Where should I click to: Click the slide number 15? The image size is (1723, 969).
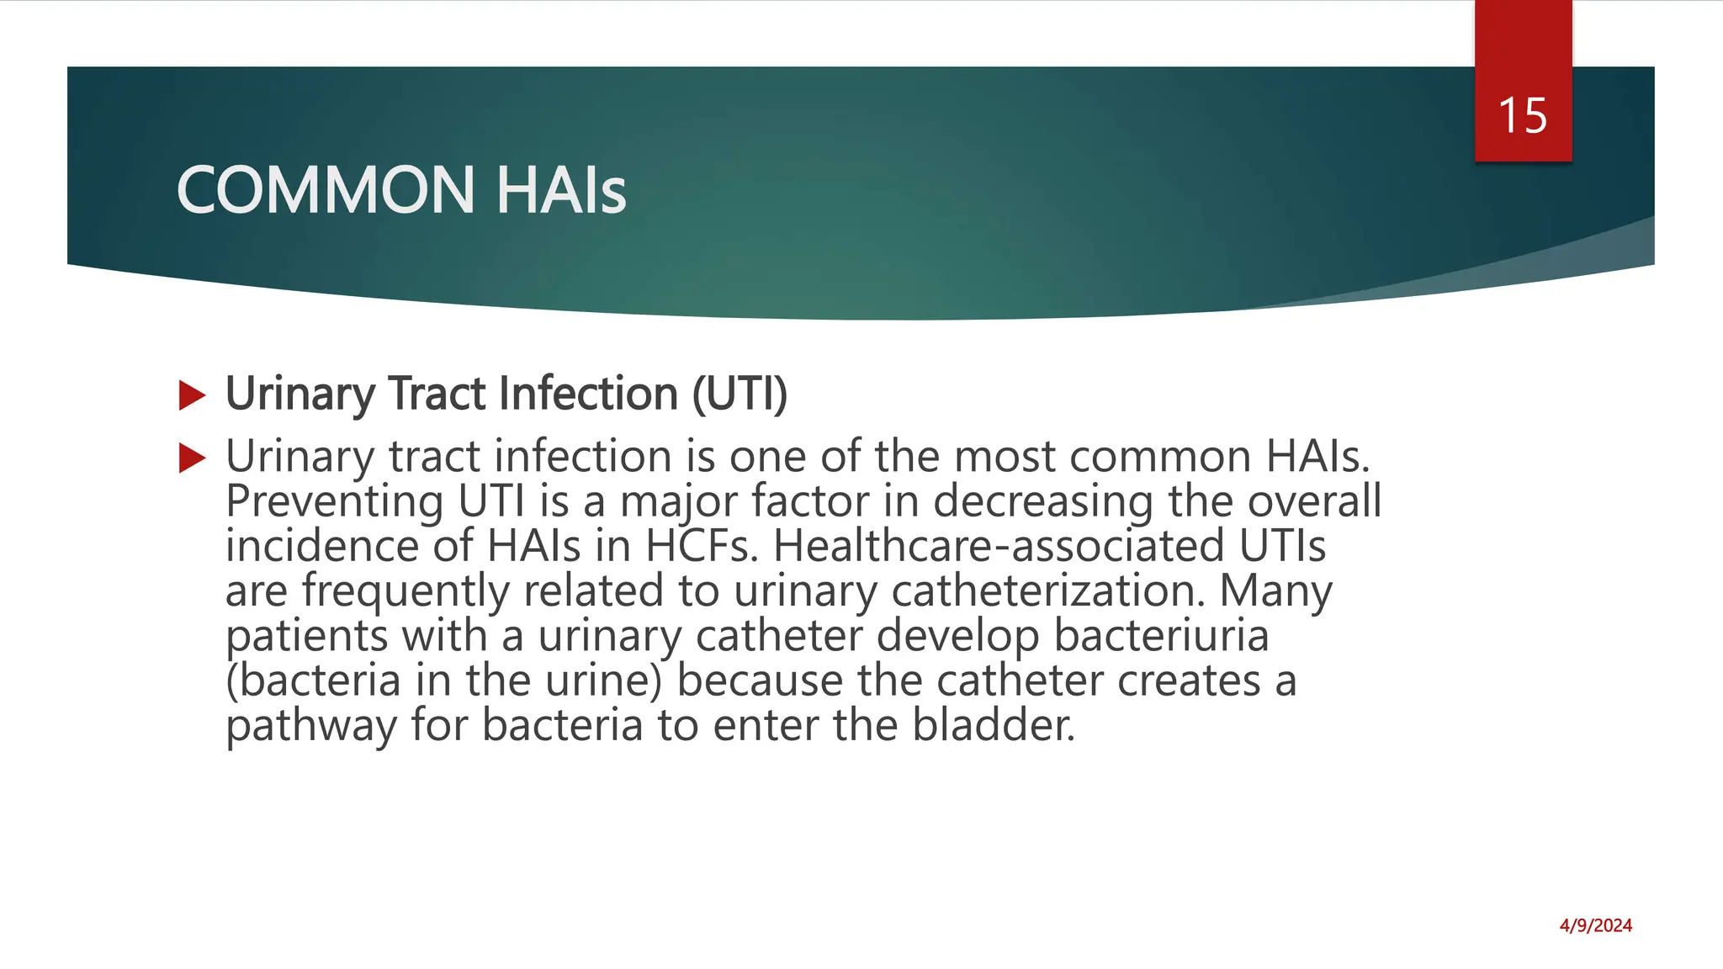click(x=1523, y=115)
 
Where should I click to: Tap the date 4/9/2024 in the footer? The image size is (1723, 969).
click(x=1595, y=926)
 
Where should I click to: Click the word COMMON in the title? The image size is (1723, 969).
click(x=326, y=190)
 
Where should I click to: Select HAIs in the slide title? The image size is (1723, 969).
click(x=560, y=190)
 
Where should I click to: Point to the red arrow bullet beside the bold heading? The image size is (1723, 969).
click(x=193, y=395)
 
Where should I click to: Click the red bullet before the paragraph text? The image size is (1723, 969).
click(x=193, y=458)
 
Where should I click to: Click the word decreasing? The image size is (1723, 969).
click(x=1043, y=503)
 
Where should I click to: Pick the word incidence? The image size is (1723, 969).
click(x=321, y=546)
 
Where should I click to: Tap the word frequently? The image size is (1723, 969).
click(x=406, y=591)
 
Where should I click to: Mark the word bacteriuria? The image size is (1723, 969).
click(x=1161, y=635)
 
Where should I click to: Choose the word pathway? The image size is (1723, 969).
click(x=311, y=726)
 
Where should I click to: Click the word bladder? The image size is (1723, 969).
click(x=994, y=725)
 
